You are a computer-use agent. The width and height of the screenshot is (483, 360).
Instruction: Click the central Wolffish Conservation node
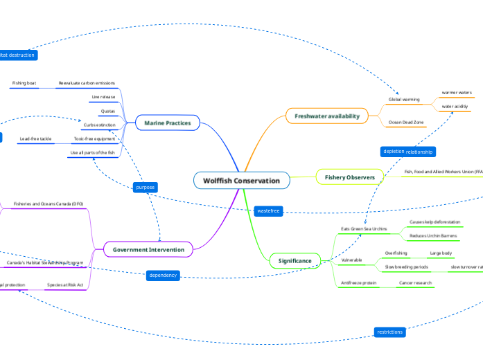(241, 181)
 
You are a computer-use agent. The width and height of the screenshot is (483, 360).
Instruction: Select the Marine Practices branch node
(168, 123)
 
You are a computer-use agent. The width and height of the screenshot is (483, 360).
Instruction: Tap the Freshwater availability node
(326, 116)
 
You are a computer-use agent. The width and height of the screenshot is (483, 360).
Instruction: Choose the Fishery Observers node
(349, 178)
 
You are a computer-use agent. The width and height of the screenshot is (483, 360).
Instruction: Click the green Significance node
(295, 260)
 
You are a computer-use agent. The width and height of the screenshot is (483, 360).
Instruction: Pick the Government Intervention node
(148, 249)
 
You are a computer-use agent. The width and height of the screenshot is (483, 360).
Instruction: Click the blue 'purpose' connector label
(146, 187)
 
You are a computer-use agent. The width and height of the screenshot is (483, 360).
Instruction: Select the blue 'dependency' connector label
(163, 276)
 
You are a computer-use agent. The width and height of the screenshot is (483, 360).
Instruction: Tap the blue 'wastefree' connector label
(267, 210)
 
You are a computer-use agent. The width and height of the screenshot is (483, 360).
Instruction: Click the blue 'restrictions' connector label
(389, 332)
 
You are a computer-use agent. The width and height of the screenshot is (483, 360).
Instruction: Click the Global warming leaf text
(403, 100)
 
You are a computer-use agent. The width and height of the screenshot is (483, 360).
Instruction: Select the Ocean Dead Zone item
(407, 122)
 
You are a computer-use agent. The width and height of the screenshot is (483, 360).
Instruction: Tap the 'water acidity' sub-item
(455, 106)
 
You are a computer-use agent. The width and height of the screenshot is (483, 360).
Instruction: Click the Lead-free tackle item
(35, 138)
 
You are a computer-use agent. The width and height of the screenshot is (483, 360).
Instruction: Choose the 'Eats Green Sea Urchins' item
(363, 228)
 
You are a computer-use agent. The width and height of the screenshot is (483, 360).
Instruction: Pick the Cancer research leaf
(415, 283)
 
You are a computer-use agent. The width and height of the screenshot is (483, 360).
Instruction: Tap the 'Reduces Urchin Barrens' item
(432, 236)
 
